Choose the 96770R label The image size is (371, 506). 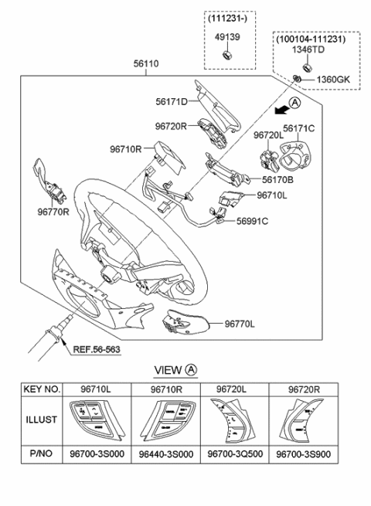click(53, 209)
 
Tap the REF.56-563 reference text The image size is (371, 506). click(98, 348)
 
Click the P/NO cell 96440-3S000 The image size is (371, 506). click(165, 454)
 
